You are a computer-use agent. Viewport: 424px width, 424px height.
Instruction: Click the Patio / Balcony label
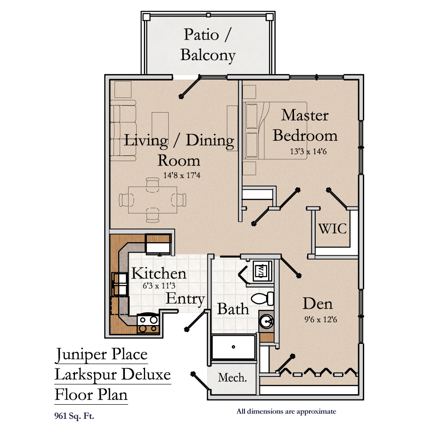(x=208, y=45)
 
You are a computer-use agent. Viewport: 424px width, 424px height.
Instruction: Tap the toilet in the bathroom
(x=262, y=299)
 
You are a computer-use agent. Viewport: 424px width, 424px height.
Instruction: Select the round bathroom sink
(x=266, y=322)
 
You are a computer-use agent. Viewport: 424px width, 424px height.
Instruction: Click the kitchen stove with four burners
(x=148, y=324)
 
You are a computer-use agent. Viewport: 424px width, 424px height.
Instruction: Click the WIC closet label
(x=332, y=228)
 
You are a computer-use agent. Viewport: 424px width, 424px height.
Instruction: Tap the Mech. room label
(x=232, y=377)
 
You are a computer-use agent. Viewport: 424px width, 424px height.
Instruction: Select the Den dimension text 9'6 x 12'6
(x=321, y=319)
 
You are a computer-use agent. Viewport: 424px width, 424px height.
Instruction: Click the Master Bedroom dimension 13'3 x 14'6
(x=308, y=151)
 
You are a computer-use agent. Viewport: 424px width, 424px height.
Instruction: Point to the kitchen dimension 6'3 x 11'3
(x=159, y=285)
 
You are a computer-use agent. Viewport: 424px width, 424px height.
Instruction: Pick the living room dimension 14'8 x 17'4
(x=182, y=175)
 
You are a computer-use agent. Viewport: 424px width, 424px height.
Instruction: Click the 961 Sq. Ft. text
(x=74, y=416)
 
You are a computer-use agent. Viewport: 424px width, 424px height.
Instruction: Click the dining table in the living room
(x=153, y=200)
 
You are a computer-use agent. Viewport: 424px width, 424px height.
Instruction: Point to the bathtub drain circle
(x=233, y=347)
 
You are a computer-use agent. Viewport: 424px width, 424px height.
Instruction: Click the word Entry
(x=185, y=299)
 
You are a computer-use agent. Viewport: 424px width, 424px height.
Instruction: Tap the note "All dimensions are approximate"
(x=286, y=412)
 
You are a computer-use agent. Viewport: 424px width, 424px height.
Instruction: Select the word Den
(x=318, y=303)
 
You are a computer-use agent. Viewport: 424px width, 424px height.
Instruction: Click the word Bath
(x=233, y=309)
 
